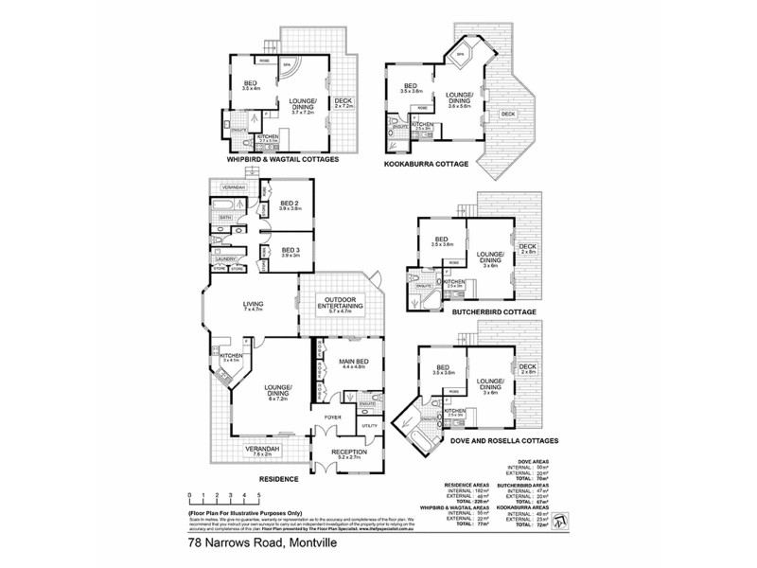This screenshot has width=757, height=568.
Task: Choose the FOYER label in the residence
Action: (333, 417)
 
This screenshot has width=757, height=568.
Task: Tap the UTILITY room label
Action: (369, 427)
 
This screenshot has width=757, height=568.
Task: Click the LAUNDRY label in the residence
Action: (226, 258)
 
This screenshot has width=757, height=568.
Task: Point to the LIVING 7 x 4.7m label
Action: (252, 306)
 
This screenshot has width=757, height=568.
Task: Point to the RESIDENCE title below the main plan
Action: (279, 480)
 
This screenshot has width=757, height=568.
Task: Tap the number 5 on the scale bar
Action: (259, 495)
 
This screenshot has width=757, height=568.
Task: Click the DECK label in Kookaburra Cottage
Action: (508, 115)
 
